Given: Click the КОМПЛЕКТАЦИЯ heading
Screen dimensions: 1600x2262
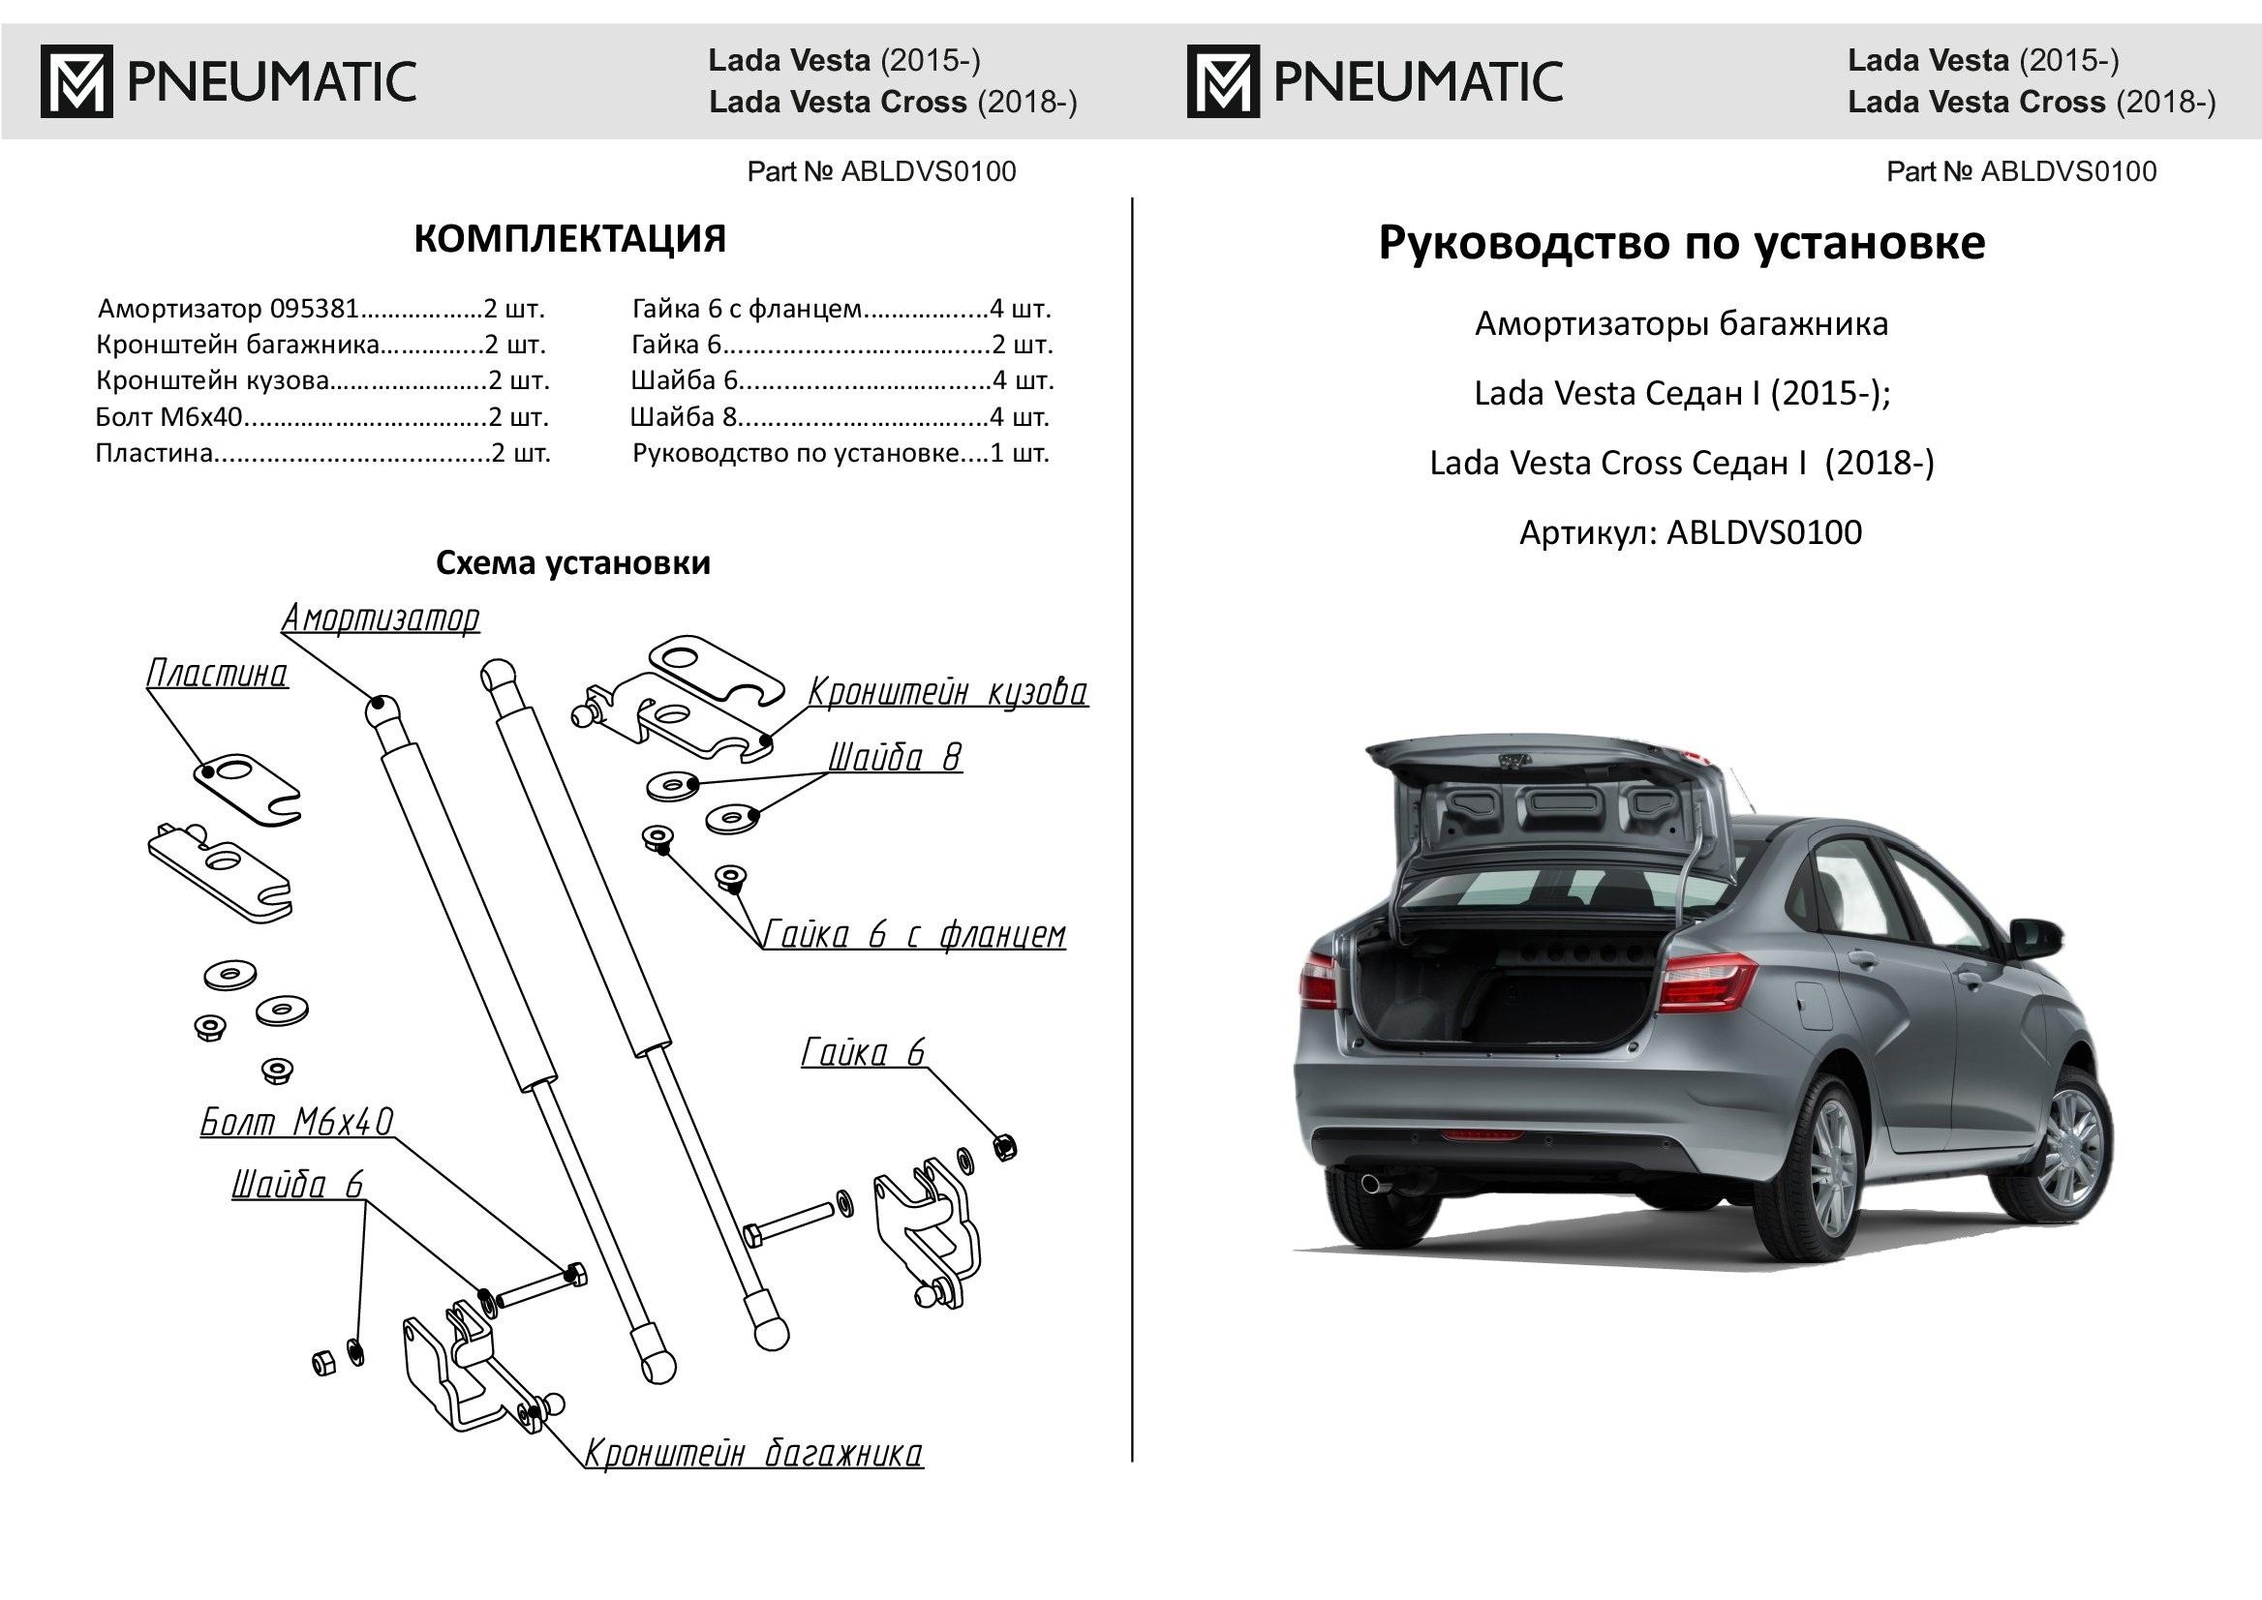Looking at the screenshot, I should click(568, 239).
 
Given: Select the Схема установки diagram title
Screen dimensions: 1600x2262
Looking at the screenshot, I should click(572, 562).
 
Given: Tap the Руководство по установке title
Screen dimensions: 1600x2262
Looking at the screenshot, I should click(1680, 242).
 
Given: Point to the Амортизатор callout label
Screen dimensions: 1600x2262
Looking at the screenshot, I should click(381, 619).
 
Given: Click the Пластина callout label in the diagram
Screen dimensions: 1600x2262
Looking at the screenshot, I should click(217, 674).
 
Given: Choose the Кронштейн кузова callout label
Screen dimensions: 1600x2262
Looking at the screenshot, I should click(947, 692).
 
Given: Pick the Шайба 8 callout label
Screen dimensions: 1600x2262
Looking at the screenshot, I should click(894, 757).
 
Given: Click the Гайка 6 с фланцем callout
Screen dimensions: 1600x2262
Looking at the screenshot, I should click(914, 934).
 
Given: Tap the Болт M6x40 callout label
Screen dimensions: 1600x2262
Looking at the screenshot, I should click(296, 1121).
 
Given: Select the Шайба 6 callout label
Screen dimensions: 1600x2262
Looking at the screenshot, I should click(297, 1184).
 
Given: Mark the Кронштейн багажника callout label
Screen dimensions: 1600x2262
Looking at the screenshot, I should click(753, 1453).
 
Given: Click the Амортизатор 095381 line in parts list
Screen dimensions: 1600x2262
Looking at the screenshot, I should click(321, 310).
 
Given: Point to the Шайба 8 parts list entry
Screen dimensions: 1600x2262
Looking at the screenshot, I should click(840, 417).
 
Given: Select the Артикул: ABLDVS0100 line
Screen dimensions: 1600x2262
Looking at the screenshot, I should click(1690, 533).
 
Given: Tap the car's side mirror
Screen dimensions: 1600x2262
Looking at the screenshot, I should click(2034, 935).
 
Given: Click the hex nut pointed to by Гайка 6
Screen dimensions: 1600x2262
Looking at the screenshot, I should click(1004, 1146).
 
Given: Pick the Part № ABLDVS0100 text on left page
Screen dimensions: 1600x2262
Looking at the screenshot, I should click(881, 171).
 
